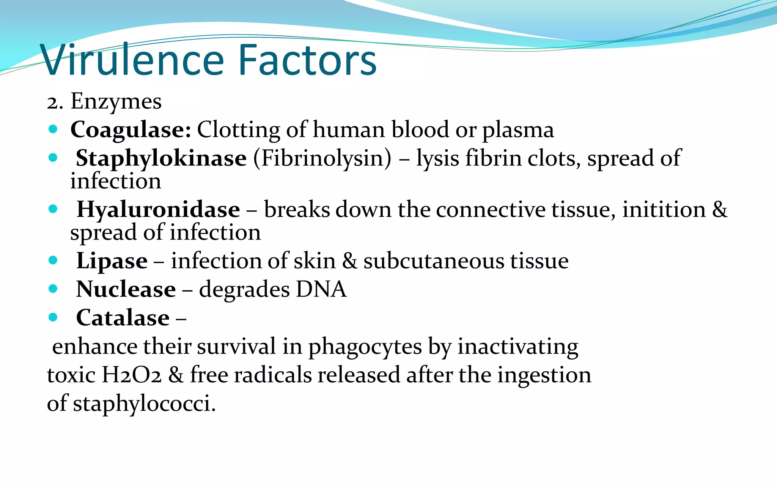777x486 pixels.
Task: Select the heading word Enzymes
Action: click(116, 102)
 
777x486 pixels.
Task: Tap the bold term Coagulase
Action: click(131, 130)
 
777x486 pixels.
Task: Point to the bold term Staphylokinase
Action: click(161, 158)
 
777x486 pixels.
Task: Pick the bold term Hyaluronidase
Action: click(158, 210)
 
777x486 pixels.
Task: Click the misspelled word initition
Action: click(664, 210)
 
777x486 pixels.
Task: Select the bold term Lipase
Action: click(112, 261)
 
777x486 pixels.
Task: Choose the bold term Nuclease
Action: click(126, 289)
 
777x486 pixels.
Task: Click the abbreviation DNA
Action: click(321, 289)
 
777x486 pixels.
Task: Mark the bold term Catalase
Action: click(123, 318)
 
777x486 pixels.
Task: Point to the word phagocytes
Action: click(365, 347)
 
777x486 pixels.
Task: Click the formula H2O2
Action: click(131, 375)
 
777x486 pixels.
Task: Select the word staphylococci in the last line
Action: click(144, 404)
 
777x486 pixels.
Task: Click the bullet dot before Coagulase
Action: click(53, 129)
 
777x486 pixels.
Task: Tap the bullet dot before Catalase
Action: click(53, 317)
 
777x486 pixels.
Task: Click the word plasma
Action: click(518, 130)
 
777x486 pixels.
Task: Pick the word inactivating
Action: click(518, 347)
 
